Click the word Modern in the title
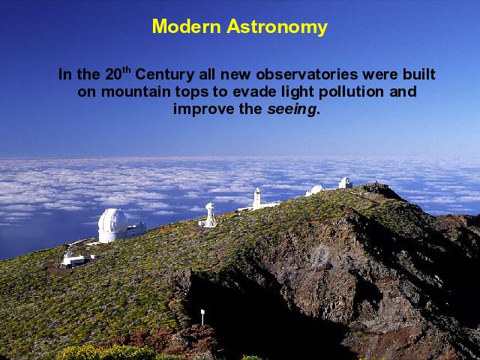(187, 26)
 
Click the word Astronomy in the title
(277, 28)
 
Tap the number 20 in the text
(113, 74)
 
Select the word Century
(164, 75)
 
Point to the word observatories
(307, 74)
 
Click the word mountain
(136, 91)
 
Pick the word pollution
(351, 92)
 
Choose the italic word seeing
(292, 110)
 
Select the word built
(419, 74)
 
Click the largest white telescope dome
(112, 225)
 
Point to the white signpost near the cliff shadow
(202, 316)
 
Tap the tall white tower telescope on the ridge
(257, 198)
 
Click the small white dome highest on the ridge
(345, 183)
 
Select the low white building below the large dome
(75, 260)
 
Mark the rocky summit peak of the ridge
(377, 186)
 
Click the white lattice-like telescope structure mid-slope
(210, 215)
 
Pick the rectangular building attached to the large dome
(136, 229)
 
